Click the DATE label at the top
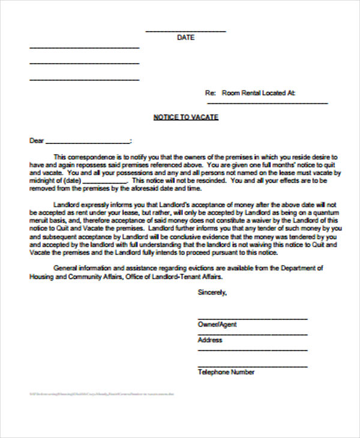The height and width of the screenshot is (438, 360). click(x=185, y=37)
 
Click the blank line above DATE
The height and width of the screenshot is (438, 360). click(x=185, y=31)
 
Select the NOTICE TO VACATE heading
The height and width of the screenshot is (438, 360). click(x=185, y=117)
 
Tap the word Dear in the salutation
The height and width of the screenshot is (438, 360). click(x=37, y=141)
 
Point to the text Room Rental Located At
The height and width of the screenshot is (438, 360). click(x=258, y=93)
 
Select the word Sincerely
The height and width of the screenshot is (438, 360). click(x=212, y=293)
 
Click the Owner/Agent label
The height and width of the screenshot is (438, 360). click(x=217, y=325)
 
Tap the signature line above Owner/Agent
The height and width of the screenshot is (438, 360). click(x=253, y=319)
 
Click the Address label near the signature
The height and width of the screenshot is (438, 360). click(x=210, y=340)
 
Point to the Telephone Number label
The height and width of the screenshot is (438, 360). click(x=226, y=372)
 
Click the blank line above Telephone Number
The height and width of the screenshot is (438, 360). click(x=253, y=365)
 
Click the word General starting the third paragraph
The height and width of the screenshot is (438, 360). click(x=66, y=268)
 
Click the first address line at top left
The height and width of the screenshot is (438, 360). click(x=84, y=47)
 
